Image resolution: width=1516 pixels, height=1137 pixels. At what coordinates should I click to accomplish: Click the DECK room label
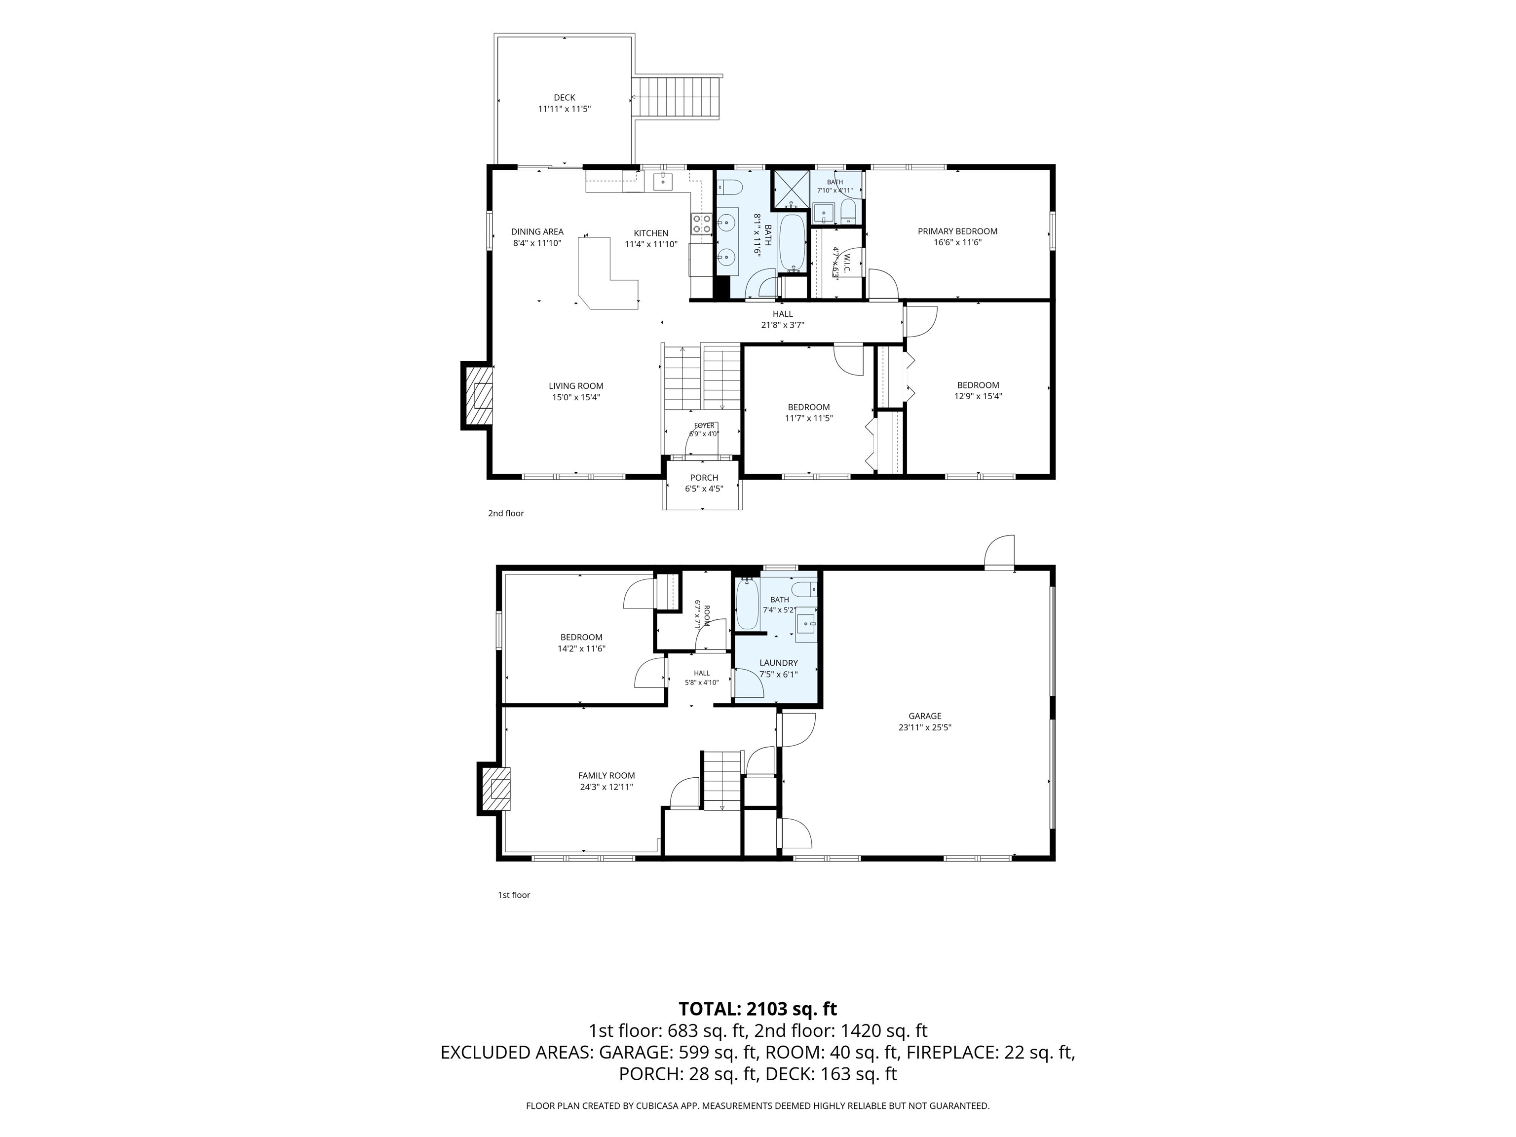pyautogui.click(x=564, y=97)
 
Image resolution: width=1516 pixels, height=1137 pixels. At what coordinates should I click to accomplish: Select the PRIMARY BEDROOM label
pyautogui.click(x=957, y=231)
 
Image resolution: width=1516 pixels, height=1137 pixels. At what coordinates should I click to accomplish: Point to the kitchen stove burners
pyautogui.click(x=701, y=224)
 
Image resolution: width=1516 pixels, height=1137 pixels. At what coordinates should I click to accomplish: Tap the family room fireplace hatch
pyautogui.click(x=497, y=789)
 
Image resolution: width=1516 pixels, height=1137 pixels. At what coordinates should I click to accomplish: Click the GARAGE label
pyautogui.click(x=924, y=716)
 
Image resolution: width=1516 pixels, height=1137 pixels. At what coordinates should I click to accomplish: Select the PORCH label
pyautogui.click(x=704, y=478)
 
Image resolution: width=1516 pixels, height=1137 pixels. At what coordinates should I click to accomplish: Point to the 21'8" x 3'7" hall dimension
pyautogui.click(x=783, y=325)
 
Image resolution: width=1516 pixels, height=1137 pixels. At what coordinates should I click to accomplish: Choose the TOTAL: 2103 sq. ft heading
pyautogui.click(x=758, y=1009)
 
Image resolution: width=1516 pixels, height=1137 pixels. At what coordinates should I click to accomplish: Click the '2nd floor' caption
pyautogui.click(x=506, y=513)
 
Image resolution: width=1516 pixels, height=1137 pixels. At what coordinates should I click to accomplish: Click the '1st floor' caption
pyautogui.click(x=514, y=895)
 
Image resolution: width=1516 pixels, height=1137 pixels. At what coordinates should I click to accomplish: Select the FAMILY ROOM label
pyautogui.click(x=606, y=776)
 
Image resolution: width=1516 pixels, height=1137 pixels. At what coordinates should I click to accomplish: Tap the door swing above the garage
pyautogui.click(x=999, y=552)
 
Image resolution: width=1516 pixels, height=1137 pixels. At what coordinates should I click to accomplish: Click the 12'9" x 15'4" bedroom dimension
pyautogui.click(x=978, y=395)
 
